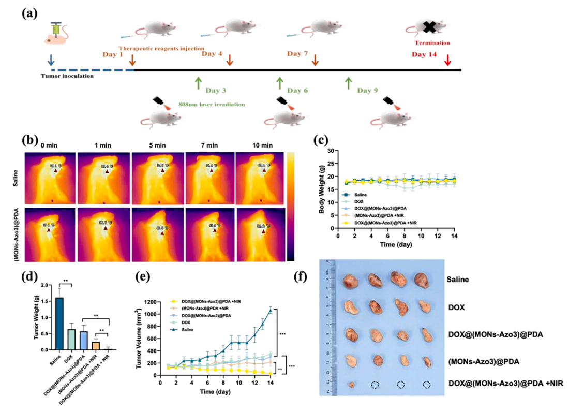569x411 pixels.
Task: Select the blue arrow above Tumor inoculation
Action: tap(51, 60)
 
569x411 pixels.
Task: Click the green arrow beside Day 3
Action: tap(198, 83)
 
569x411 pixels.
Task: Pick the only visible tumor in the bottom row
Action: tap(351, 385)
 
